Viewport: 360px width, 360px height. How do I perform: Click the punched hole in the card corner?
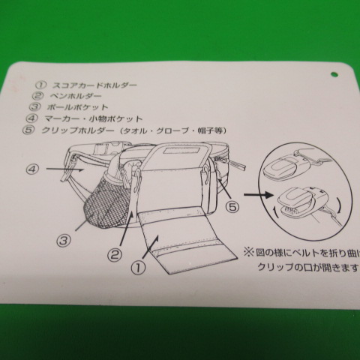point(334,74)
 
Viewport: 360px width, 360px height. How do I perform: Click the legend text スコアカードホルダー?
point(94,85)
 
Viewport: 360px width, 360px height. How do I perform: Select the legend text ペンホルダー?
point(76,96)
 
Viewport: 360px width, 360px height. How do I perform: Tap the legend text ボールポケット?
point(77,107)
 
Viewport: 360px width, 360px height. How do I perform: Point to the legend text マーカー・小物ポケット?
point(94,118)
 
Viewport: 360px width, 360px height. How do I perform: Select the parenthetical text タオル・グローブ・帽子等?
point(173,130)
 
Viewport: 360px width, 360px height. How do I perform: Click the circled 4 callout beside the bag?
point(32,169)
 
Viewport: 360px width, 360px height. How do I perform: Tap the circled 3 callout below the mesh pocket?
point(64,241)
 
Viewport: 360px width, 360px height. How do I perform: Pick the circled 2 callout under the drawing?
point(115,255)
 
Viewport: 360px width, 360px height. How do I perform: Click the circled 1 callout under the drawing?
point(138,268)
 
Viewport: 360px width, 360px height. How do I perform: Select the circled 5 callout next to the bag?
point(232,207)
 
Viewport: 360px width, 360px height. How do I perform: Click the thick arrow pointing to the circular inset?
point(259,194)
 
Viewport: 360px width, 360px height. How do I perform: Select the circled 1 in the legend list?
point(40,85)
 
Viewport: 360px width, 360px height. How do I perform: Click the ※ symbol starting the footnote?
point(248,252)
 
